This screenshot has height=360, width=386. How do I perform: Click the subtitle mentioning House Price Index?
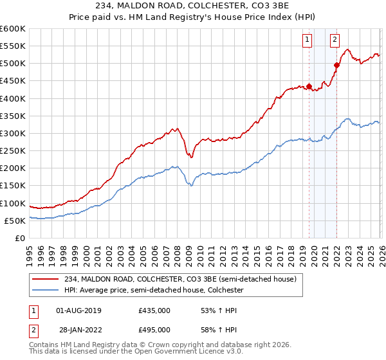click(193, 17)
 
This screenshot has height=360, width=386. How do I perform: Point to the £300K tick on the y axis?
click(13, 133)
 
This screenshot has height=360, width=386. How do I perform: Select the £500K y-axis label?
click(13, 64)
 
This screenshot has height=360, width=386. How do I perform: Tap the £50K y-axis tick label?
click(15, 221)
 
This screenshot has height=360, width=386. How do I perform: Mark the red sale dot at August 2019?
click(309, 86)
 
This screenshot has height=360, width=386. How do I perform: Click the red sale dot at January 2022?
click(336, 65)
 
